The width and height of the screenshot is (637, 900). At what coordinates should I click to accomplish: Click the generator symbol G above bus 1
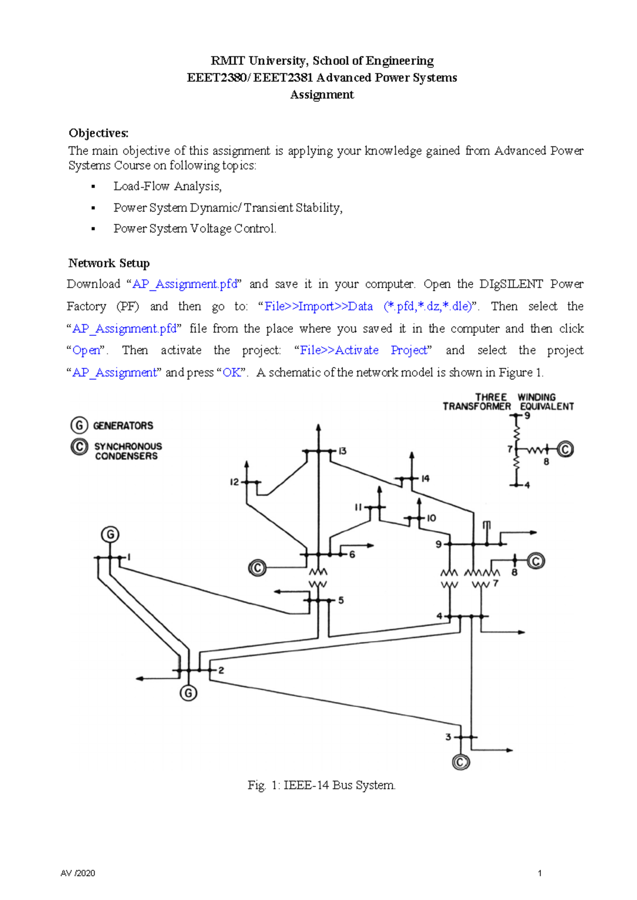(x=110, y=534)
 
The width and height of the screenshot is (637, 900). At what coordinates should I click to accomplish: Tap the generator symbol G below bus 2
(x=188, y=693)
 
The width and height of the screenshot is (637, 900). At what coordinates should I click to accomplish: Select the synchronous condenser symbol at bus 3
(x=461, y=763)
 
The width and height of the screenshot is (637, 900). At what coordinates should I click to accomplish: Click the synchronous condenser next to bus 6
(x=257, y=568)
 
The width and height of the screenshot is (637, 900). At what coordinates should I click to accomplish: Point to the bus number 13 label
(x=342, y=451)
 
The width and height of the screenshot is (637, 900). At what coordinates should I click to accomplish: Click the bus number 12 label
(x=234, y=482)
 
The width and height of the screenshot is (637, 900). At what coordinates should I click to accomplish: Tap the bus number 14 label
(x=425, y=479)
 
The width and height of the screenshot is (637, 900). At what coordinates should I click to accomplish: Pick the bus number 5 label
(x=341, y=600)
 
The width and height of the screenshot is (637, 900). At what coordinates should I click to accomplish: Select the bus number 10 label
(x=431, y=518)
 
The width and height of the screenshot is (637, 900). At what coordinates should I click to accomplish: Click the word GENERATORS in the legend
(x=123, y=426)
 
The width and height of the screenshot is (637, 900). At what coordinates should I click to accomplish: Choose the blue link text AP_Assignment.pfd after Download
(x=185, y=284)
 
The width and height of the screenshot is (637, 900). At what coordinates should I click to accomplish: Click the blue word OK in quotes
(x=232, y=373)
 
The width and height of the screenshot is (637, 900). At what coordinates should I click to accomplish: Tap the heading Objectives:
(x=98, y=133)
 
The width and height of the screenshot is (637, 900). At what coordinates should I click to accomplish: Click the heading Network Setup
(x=109, y=263)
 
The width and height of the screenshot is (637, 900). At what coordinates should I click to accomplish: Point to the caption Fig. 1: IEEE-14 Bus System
(x=322, y=785)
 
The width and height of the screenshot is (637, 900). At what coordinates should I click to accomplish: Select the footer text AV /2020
(x=78, y=873)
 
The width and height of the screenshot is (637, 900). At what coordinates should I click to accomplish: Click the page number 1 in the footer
(x=540, y=873)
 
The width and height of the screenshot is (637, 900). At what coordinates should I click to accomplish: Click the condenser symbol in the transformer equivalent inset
(x=565, y=450)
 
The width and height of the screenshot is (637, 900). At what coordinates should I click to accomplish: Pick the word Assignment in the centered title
(x=322, y=95)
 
